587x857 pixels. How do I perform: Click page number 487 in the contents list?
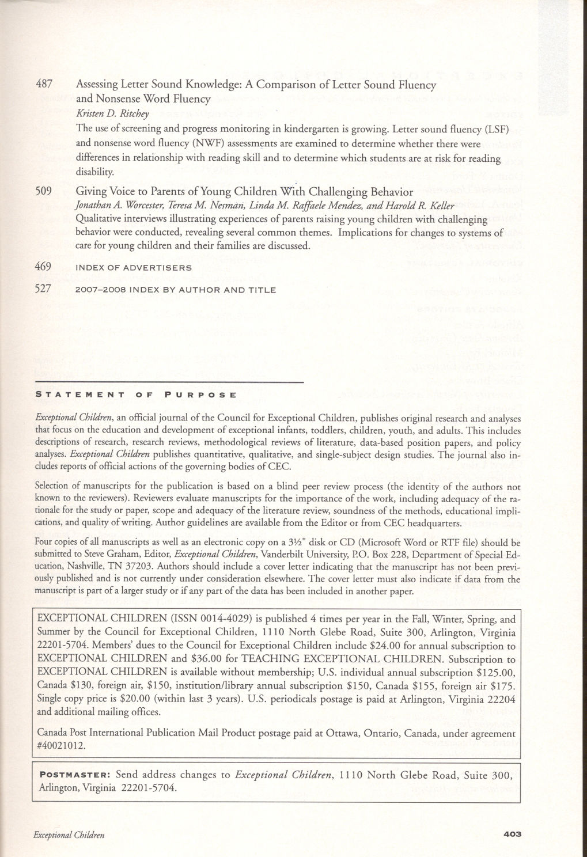[44, 85]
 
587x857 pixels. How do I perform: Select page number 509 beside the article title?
[44, 191]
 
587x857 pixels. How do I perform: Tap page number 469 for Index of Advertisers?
[44, 267]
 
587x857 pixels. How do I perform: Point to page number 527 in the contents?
[44, 289]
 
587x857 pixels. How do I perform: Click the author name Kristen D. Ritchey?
[105, 113]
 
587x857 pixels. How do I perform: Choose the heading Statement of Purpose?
[136, 395]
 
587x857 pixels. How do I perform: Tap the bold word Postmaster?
[72, 775]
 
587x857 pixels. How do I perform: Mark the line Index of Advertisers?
[134, 268]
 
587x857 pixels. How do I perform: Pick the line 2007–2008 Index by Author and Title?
[176, 290]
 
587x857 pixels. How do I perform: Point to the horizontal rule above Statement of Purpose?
[169, 382]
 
